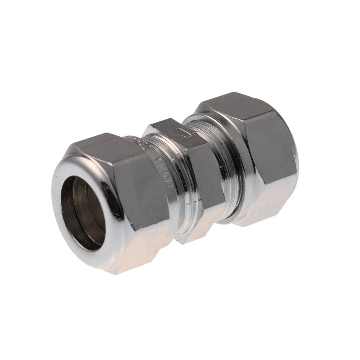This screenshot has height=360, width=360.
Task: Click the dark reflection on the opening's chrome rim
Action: click(x=114, y=208)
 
